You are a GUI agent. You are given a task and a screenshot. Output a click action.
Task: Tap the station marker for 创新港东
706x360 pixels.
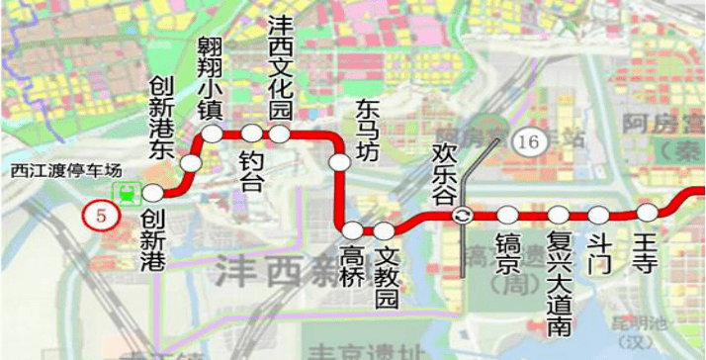tap(191, 161)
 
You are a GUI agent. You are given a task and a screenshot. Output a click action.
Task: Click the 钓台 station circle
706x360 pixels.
tap(251, 134)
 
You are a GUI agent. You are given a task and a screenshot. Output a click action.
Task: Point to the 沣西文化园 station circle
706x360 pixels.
tap(280, 134)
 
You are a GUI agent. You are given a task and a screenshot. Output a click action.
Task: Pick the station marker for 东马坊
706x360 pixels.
tap(339, 161)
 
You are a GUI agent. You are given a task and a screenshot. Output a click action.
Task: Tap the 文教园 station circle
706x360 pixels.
tap(384, 230)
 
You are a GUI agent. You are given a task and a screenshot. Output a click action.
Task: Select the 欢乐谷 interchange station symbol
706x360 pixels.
tap(462, 216)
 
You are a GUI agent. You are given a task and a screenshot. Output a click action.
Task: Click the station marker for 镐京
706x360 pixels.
tap(508, 215)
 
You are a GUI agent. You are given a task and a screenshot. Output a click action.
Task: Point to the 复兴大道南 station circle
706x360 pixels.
tap(558, 215)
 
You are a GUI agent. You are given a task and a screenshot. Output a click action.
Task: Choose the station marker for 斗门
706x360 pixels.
tap(598, 214)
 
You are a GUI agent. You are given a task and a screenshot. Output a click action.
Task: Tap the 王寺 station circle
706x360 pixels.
tap(647, 213)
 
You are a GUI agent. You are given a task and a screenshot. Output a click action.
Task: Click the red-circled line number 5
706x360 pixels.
tap(97, 214)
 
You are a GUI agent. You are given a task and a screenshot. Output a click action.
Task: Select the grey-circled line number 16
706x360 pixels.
tap(527, 142)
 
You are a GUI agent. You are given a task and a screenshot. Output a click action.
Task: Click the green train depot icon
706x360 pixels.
tap(126, 194)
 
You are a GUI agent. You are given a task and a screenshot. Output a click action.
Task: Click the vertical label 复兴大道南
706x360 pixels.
tap(558, 268)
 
